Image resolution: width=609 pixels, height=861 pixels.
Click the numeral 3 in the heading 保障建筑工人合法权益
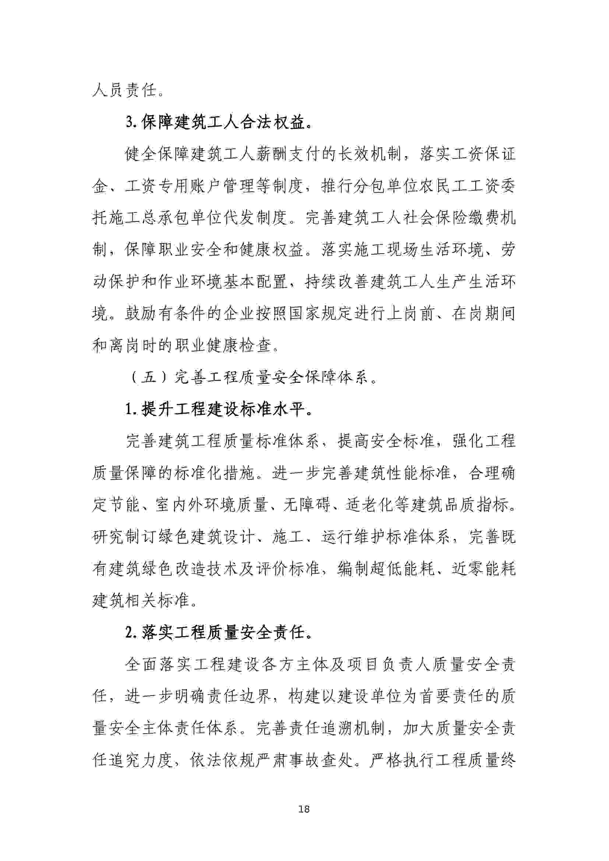pyautogui.click(x=129, y=123)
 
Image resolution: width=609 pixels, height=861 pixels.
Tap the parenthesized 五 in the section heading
pyautogui.click(x=149, y=378)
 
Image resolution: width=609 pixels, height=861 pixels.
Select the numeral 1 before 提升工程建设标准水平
pyautogui.click(x=129, y=410)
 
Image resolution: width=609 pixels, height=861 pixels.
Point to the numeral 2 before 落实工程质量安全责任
pyautogui.click(x=129, y=633)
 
